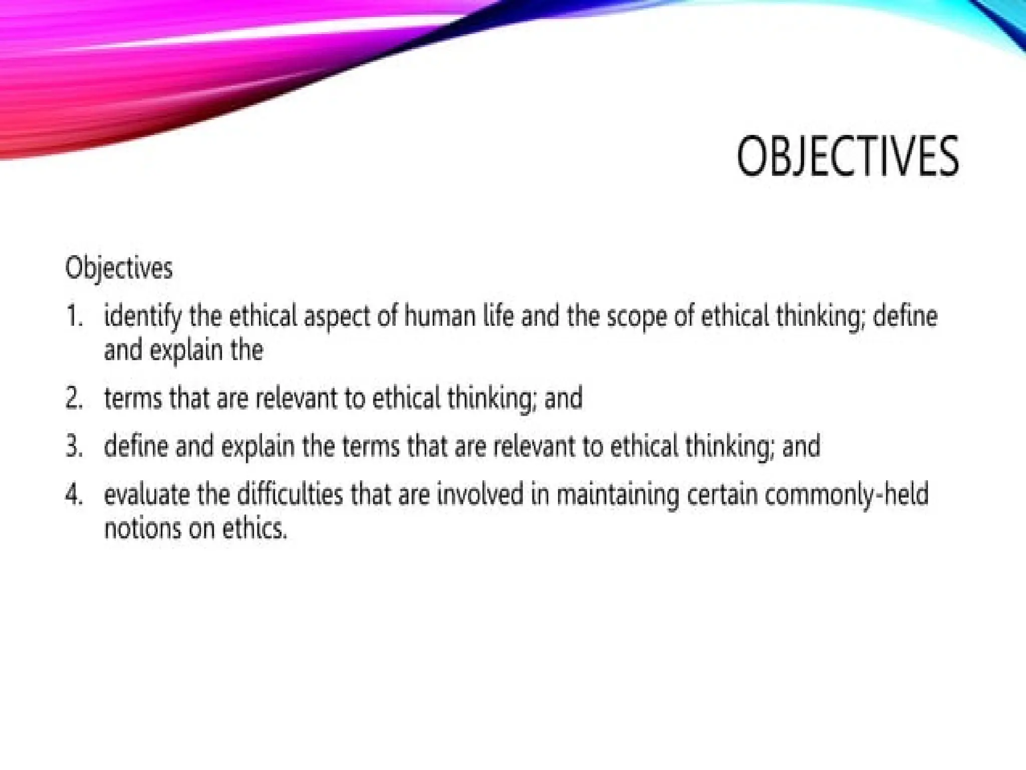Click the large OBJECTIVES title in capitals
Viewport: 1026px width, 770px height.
click(x=848, y=156)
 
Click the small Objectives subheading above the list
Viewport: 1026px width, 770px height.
click(x=119, y=268)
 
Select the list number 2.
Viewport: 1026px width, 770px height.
click(x=74, y=399)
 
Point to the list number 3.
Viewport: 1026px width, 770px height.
click(x=74, y=446)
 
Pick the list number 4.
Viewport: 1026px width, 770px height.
click(x=74, y=495)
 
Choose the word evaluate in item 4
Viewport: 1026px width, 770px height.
click(x=147, y=495)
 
